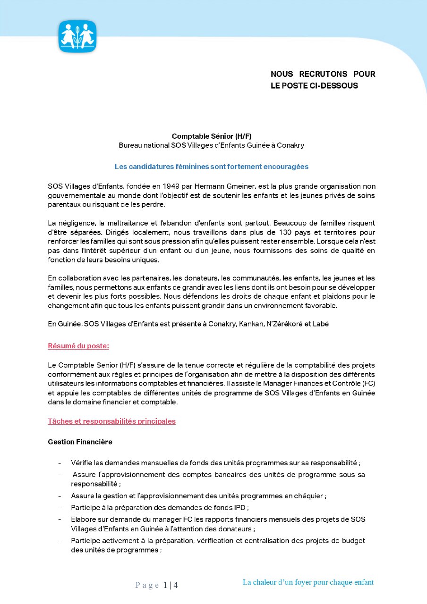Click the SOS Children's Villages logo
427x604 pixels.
pos(77,36)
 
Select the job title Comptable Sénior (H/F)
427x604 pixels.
pos(211,136)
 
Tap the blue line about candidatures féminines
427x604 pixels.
pos(211,167)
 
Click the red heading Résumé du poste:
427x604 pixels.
pos(78,346)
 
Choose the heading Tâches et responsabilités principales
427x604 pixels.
pos(111,421)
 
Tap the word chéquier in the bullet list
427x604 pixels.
pos(308,496)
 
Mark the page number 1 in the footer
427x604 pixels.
pos(166,586)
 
